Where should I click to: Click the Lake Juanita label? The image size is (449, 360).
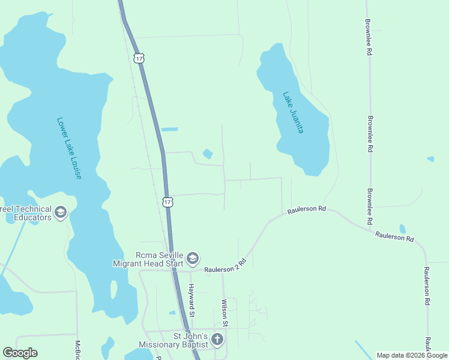coord(294,112)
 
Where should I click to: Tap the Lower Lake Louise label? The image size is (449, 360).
coord(69,148)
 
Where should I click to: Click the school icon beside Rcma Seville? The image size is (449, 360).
coord(193,259)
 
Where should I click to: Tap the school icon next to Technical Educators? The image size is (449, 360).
coord(60,212)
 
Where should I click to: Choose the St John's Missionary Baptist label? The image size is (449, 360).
coord(173,340)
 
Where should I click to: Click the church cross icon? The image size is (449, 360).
coord(217,340)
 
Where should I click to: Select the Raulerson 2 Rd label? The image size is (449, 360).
coord(226,266)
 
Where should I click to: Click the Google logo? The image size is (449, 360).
coord(20,353)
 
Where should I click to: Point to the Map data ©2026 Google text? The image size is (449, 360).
coord(412,355)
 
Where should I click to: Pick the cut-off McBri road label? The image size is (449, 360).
coord(77,350)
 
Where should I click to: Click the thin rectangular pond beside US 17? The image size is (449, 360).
coord(170,129)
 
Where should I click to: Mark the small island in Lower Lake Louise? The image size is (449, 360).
coord(113,289)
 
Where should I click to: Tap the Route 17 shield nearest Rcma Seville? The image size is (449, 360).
coord(167,202)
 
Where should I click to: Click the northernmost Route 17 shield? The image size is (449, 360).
coord(139,58)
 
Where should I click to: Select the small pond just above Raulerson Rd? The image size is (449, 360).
coord(402,229)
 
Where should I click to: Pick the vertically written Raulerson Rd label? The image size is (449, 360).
coord(427,286)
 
